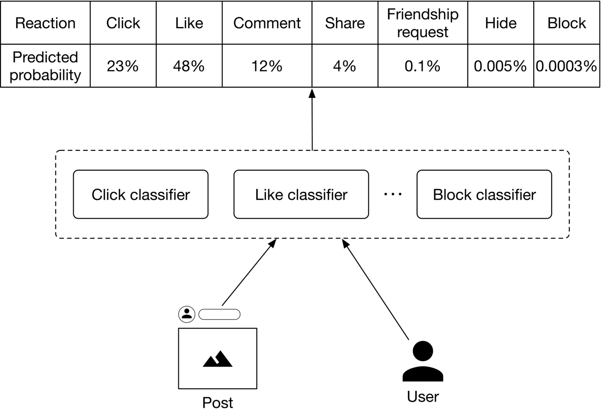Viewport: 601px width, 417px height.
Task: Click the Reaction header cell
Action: click(x=45, y=23)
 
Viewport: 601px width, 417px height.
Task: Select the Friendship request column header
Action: click(x=423, y=23)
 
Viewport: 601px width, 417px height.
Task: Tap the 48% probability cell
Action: click(x=189, y=66)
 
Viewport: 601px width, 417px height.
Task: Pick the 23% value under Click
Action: click(x=123, y=66)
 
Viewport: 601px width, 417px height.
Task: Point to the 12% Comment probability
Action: click(x=267, y=66)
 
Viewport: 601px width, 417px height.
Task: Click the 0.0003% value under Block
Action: click(x=566, y=66)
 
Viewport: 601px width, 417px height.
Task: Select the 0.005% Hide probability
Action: click(x=501, y=66)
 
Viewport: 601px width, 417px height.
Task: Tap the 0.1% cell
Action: click(x=423, y=66)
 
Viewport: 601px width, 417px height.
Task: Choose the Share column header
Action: click(x=345, y=23)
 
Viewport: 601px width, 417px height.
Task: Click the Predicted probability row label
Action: click(x=45, y=66)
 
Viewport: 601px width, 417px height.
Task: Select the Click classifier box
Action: click(x=141, y=194)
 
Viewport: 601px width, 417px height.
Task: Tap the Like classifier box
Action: click(x=301, y=194)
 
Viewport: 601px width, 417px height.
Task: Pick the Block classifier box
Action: click(x=484, y=194)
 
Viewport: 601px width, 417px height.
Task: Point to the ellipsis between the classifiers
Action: click(x=393, y=194)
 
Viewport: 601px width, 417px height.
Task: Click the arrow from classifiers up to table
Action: click(x=312, y=119)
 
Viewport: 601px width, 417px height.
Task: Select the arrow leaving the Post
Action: click(x=249, y=272)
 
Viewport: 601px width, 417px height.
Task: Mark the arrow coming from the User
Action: click(x=375, y=290)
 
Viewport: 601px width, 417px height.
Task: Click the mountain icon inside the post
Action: click(x=218, y=359)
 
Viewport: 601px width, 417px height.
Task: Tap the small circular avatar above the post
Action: click(x=187, y=314)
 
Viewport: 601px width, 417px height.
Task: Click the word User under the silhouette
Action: click(x=423, y=397)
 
